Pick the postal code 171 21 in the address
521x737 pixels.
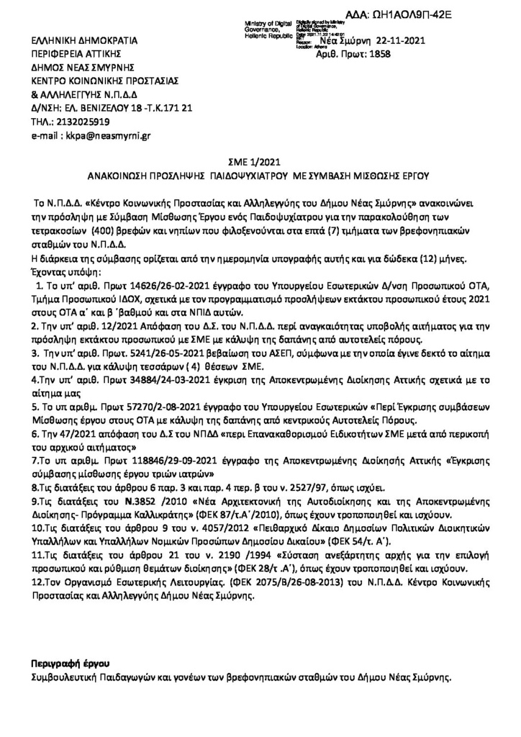[x=175, y=107]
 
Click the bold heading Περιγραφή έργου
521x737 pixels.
[x=70, y=662]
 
